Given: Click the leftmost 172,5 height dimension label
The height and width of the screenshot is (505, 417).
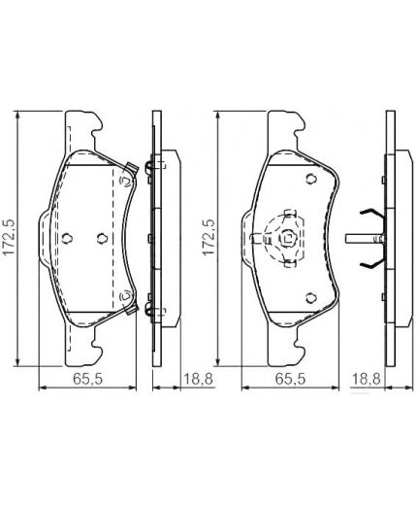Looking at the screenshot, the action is click(x=9, y=237).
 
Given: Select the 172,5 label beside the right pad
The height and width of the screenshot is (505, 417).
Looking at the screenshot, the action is click(x=209, y=237).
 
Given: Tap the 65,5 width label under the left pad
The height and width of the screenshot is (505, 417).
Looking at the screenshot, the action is click(x=87, y=379).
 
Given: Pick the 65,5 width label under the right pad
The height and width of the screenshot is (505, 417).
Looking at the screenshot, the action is click(x=290, y=379).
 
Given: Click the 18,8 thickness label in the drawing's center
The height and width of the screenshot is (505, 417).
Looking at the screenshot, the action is click(x=198, y=379).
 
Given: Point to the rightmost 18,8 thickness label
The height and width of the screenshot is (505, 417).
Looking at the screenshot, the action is click(x=367, y=379).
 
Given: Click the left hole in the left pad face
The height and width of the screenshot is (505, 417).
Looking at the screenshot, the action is click(x=67, y=239).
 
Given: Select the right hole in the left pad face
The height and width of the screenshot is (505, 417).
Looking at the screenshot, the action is click(x=102, y=239).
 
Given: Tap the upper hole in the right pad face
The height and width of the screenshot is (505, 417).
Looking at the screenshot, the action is click(x=311, y=179).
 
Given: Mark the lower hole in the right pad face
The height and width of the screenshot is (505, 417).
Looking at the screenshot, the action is click(x=311, y=298).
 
